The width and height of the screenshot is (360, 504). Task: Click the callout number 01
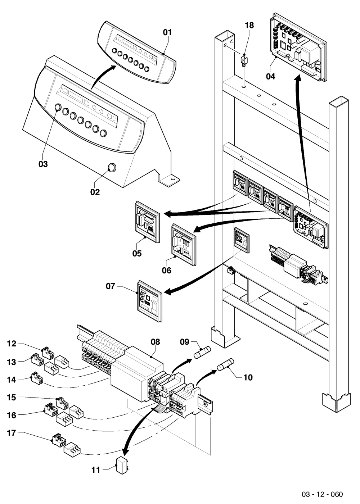(167, 33)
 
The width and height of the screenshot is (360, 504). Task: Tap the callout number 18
(249, 26)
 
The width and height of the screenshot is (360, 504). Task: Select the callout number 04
(271, 77)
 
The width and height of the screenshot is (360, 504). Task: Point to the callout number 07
(110, 286)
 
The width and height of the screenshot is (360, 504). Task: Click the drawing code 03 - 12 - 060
(322, 494)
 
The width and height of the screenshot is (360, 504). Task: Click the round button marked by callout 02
(112, 167)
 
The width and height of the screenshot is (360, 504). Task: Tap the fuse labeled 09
(202, 352)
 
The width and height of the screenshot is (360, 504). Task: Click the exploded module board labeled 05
(147, 222)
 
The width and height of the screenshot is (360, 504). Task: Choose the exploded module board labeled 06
(184, 244)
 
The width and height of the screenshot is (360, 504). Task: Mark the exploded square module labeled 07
(150, 301)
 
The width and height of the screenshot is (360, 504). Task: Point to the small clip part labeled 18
(244, 61)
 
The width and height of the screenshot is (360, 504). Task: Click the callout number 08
(156, 342)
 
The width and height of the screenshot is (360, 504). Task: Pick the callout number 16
(12, 416)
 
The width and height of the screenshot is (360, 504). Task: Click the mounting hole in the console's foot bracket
(173, 179)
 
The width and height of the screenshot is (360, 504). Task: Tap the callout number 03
(43, 164)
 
